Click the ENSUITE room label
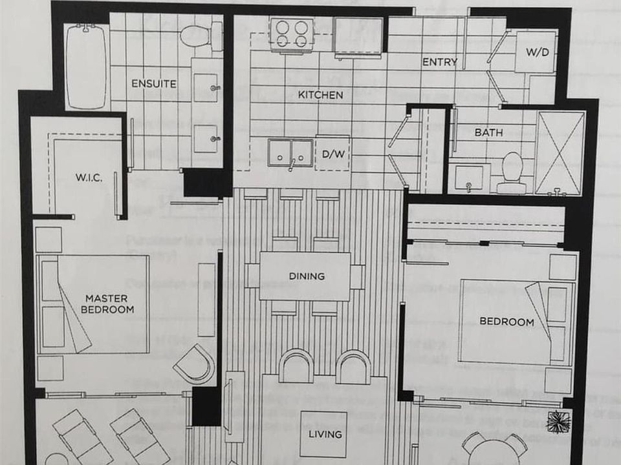click(154, 84)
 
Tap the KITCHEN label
click(320, 95)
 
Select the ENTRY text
click(440, 62)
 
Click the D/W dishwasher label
click(332, 154)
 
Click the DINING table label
click(307, 276)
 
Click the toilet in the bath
click(512, 170)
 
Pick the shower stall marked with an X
click(560, 153)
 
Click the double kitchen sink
click(290, 153)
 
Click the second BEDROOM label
click(507, 322)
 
